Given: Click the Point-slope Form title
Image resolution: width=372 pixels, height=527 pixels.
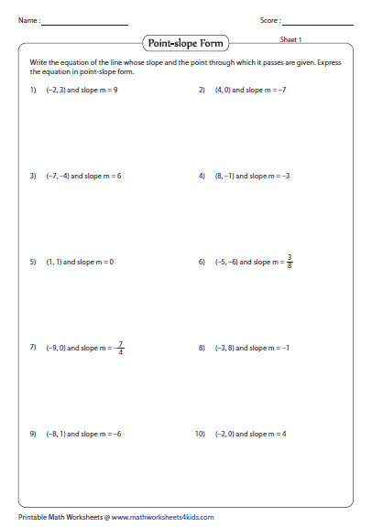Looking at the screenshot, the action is coord(185,42).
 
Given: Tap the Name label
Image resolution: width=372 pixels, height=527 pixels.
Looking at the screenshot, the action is coord(27,19).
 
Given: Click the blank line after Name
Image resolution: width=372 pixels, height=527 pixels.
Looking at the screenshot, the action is coord(84,23).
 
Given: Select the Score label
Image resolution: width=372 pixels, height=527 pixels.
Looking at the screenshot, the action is coord(270,19).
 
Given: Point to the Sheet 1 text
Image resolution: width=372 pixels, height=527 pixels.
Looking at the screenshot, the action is coord(290,39).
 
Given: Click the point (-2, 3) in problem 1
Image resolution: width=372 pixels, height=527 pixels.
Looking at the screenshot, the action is coord(56,91).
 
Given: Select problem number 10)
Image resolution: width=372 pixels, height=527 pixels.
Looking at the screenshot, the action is coord(201,433).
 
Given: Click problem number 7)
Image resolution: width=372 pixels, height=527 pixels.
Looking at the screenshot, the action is coord(33,348).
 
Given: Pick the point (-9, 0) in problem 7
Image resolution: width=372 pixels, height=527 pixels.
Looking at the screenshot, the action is coord(57,348).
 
